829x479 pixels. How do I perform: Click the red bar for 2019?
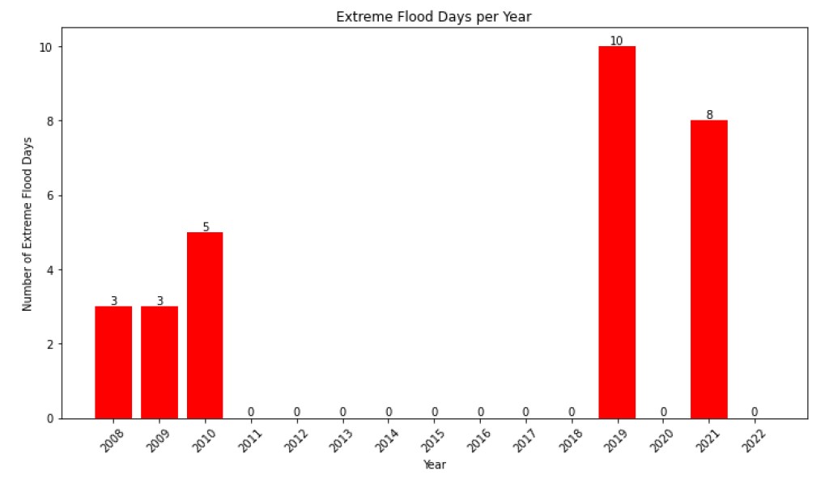click(x=617, y=232)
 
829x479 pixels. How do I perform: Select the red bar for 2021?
click(x=708, y=269)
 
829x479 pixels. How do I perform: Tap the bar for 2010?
click(x=205, y=324)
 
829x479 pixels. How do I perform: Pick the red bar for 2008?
click(x=113, y=362)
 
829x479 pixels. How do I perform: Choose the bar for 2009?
click(x=159, y=362)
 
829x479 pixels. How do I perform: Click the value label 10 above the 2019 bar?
click(x=617, y=40)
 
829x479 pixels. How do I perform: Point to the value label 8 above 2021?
click(x=709, y=114)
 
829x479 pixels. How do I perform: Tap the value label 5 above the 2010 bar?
click(x=206, y=227)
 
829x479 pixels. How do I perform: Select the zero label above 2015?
click(x=435, y=412)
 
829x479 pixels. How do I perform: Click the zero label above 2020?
click(x=663, y=412)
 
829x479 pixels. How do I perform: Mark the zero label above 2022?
click(x=755, y=412)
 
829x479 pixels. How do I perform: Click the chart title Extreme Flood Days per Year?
click(x=435, y=17)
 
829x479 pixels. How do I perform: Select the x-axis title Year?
click(x=435, y=465)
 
